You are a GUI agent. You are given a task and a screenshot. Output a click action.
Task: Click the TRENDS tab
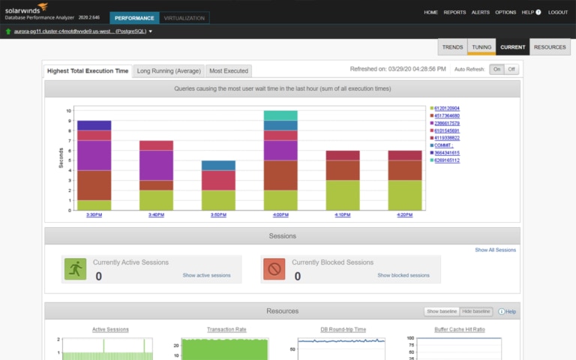click(x=452, y=47)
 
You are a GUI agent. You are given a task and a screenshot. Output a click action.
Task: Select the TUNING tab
click(x=481, y=47)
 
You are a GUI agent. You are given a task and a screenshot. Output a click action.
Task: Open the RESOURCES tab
click(x=550, y=47)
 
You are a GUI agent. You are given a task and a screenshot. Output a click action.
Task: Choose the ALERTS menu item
click(x=480, y=13)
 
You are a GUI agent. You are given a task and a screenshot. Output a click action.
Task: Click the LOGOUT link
click(x=558, y=13)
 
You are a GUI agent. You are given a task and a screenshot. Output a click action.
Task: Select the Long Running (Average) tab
click(x=169, y=70)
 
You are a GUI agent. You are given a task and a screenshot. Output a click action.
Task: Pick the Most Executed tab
click(x=228, y=70)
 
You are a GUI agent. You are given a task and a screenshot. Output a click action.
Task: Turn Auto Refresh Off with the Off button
click(x=511, y=69)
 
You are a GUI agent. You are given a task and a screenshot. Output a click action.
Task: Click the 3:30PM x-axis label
click(x=94, y=214)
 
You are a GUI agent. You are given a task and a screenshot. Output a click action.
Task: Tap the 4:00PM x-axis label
click(x=280, y=214)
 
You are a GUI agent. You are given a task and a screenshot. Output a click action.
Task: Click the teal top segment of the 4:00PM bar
click(x=280, y=115)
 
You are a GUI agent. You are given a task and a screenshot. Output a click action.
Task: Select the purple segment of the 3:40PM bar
click(x=156, y=165)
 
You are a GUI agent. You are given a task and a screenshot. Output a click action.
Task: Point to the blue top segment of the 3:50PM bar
click(x=218, y=165)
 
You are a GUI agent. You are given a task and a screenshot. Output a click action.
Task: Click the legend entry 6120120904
click(x=447, y=108)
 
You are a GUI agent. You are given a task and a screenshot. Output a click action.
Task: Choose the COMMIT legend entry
click(x=444, y=145)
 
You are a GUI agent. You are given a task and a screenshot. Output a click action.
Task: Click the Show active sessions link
click(x=206, y=275)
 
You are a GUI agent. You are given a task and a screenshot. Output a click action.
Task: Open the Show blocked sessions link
click(x=403, y=275)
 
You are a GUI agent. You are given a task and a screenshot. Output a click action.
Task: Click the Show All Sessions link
click(x=495, y=250)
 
